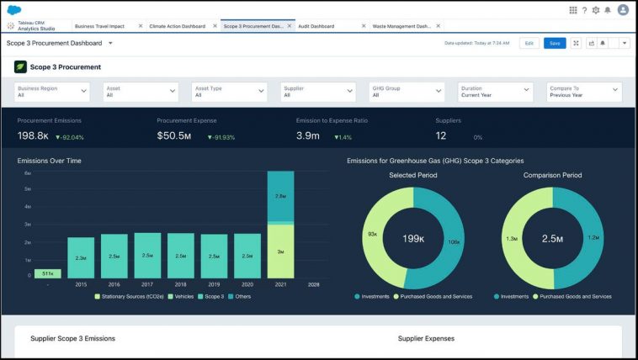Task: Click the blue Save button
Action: click(554, 43)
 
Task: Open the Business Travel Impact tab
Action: click(99, 26)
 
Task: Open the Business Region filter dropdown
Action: click(53, 91)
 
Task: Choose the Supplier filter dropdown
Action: click(319, 91)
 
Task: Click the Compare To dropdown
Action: click(584, 91)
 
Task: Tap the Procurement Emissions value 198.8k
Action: click(33, 136)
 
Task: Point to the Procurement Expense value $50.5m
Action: click(174, 136)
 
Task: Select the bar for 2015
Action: click(81, 257)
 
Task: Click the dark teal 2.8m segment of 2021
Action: click(281, 197)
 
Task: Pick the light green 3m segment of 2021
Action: click(281, 251)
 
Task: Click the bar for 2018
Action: click(180, 256)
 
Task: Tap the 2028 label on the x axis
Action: click(313, 285)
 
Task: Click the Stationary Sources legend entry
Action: click(131, 296)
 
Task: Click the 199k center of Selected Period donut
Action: click(413, 239)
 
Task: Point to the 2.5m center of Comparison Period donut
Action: click(553, 239)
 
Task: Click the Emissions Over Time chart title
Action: click(49, 161)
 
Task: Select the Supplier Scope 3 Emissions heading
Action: click(72, 338)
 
